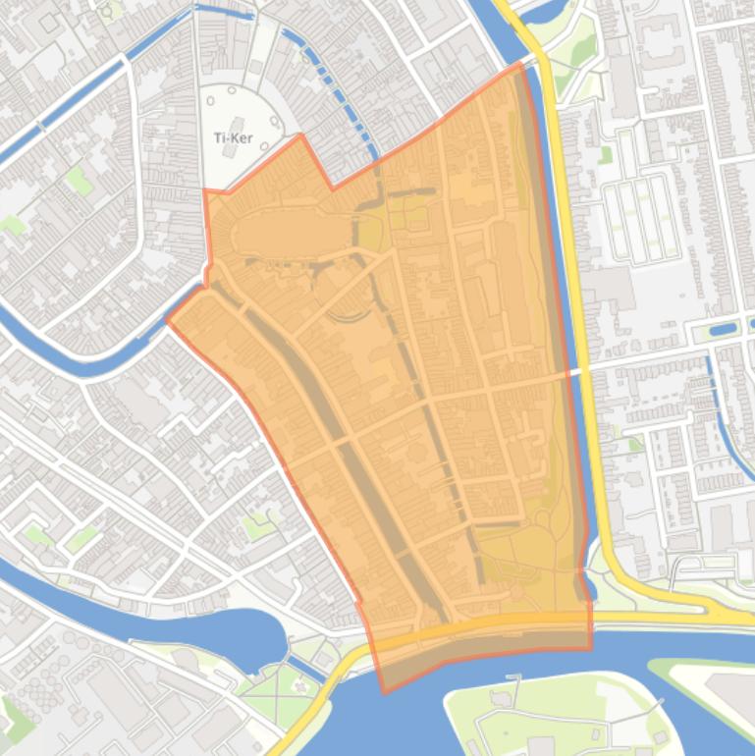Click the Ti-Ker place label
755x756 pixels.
(x=233, y=138)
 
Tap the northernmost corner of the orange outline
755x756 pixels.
(x=519, y=65)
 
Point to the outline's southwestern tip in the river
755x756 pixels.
(x=383, y=692)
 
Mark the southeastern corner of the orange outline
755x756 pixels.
(x=591, y=648)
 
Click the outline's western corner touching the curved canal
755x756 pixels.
(x=168, y=319)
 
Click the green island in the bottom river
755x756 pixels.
(x=550, y=717)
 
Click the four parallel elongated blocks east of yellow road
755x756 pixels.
(x=643, y=221)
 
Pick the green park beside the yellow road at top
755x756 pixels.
(x=579, y=44)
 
